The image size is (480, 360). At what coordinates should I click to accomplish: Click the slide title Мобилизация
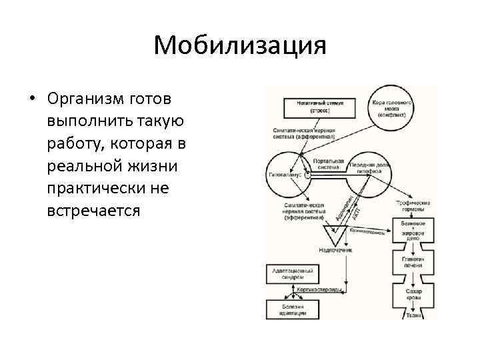pyautogui.click(x=239, y=46)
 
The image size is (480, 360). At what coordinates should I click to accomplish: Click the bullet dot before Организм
pyautogui.click(x=31, y=99)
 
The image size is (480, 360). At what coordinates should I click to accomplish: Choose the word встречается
pyautogui.click(x=94, y=211)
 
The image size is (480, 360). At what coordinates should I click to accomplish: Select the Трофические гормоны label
pyautogui.click(x=413, y=206)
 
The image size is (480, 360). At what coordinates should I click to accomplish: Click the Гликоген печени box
pyautogui.click(x=413, y=261)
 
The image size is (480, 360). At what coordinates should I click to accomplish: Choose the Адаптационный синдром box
pyautogui.click(x=292, y=275)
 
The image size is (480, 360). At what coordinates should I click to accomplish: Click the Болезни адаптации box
pyautogui.click(x=292, y=309)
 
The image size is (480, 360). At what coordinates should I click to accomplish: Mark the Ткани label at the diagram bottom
pyautogui.click(x=413, y=316)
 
